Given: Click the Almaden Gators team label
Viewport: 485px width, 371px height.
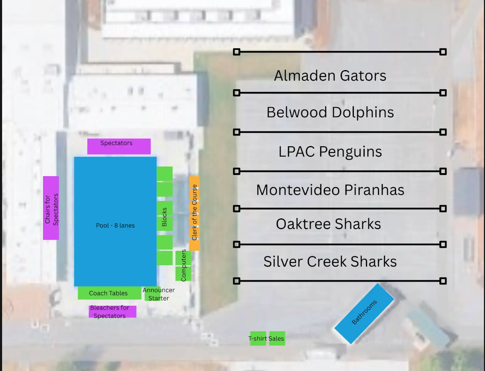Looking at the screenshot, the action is (x=330, y=76).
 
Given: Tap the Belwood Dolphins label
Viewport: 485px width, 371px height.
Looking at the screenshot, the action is (x=330, y=112).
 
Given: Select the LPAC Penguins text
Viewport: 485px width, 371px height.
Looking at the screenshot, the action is (x=330, y=152).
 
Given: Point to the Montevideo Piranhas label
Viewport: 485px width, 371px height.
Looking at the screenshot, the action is (x=330, y=190).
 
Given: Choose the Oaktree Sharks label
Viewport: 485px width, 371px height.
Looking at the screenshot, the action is (x=328, y=224).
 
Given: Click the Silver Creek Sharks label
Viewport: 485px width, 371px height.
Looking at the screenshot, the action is (x=330, y=261).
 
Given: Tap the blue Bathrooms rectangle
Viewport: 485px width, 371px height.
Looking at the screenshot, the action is (x=364, y=313).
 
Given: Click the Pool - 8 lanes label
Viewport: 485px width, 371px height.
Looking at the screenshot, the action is (x=115, y=225).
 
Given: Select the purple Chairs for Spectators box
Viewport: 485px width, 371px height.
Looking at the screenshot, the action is (x=51, y=208).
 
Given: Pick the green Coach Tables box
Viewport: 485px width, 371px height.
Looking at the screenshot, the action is (x=109, y=293).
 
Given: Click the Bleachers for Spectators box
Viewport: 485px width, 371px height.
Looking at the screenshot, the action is (x=112, y=312).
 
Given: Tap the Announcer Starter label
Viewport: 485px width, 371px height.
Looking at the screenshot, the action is (x=159, y=294).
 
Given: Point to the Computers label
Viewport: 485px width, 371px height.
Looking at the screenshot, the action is (x=183, y=265).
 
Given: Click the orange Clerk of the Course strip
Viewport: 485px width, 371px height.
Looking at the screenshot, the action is (x=194, y=213).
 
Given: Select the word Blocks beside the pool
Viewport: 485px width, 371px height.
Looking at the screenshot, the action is (x=164, y=217).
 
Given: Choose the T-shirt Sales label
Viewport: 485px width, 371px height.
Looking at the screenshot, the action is (x=266, y=338).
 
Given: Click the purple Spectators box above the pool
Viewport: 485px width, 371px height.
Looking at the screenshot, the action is (x=119, y=146).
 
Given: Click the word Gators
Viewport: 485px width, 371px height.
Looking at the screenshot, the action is (x=363, y=76).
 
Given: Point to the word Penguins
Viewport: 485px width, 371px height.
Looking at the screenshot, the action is (x=350, y=152).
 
